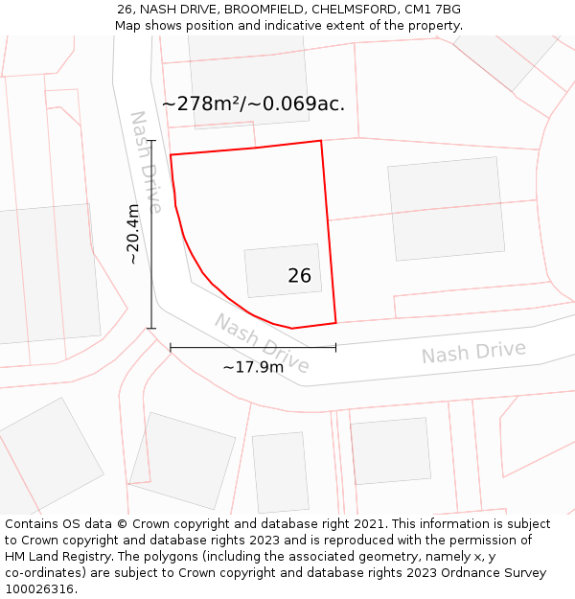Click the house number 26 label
(299, 276)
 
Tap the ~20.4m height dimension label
(132, 234)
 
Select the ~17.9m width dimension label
(253, 366)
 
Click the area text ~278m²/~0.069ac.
(253, 104)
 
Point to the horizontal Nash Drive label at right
(473, 353)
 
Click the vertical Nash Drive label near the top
(146, 160)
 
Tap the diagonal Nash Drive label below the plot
(262, 343)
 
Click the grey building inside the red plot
(283, 270)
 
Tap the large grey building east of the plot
(446, 208)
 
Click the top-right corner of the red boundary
(321, 141)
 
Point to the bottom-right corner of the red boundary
(335, 323)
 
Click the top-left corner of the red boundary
(171, 154)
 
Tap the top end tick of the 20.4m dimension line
(151, 141)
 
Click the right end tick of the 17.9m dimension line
(335, 347)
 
